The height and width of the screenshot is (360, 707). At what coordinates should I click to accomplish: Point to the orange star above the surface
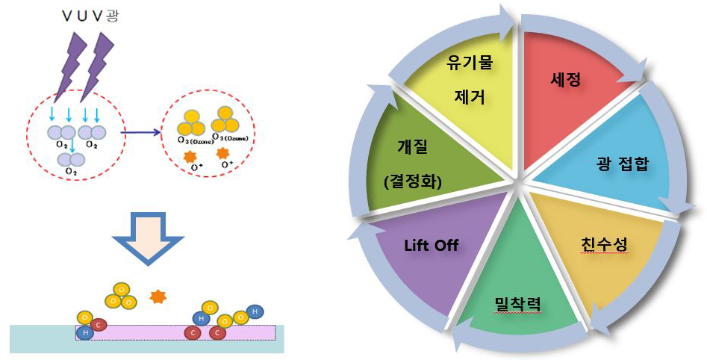157,297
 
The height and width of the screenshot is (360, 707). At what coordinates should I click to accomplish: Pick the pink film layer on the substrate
175,332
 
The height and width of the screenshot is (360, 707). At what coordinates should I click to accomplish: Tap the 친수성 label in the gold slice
604,244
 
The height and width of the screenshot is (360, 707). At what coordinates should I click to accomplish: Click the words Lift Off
432,246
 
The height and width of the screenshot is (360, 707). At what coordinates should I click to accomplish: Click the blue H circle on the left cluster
85,332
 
